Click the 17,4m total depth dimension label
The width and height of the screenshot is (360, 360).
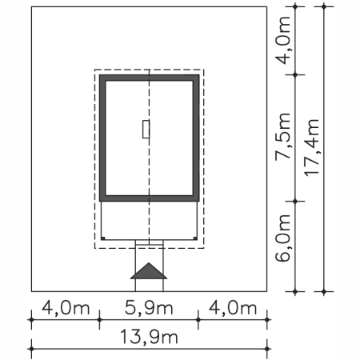tap(312, 150)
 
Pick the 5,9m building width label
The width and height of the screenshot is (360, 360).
tap(149, 308)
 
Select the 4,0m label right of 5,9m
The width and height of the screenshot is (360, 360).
tap(232, 308)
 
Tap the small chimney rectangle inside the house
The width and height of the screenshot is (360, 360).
tap(145, 129)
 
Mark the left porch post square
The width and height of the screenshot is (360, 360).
tap(104, 238)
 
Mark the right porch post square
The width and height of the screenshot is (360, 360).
tap(194, 238)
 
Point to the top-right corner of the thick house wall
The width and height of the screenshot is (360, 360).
tap(197, 78)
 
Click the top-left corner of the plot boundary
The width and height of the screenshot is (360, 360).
tap(31, 7)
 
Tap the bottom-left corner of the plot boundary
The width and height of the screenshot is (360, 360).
tap(31, 290)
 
